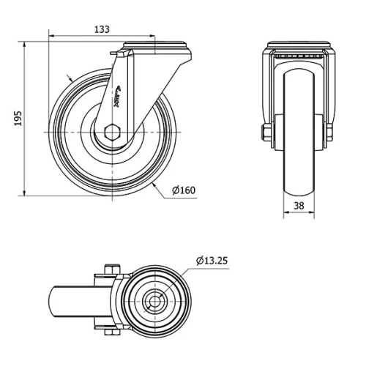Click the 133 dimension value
tap(102, 29)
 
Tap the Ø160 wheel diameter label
tap(184, 191)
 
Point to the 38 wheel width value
tap(299, 206)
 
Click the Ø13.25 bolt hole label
tap(213, 260)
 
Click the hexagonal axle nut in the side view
tap(111, 133)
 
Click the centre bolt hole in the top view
tap(154, 300)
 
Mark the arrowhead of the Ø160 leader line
tap(157, 186)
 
